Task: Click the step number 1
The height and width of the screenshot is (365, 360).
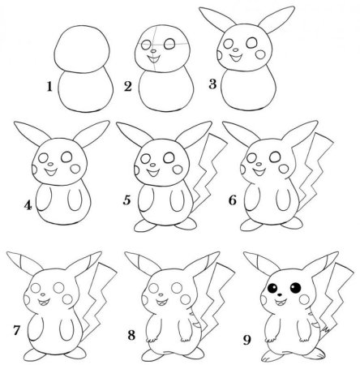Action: pos(49,87)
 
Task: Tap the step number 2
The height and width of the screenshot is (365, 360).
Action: pos(127,87)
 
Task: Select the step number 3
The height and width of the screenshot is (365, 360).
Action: pos(212,84)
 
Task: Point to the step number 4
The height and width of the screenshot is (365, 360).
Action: pos(28,205)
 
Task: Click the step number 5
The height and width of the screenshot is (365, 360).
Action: pos(126,200)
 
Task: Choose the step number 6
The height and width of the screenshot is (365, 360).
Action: pos(233,200)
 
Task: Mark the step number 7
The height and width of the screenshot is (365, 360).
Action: pos(17,330)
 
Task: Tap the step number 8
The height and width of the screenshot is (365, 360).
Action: pos(131,336)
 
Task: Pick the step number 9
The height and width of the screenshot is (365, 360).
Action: pos(246,341)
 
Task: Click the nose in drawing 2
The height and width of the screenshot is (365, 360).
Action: pos(153,50)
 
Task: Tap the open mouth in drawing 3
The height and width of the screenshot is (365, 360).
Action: pos(236,58)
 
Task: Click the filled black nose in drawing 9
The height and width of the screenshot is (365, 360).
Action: pos(280,294)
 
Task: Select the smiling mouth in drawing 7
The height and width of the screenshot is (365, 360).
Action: pos(45,302)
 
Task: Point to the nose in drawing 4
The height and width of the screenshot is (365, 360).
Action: pos(50,164)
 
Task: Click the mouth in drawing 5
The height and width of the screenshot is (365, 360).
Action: pos(153,172)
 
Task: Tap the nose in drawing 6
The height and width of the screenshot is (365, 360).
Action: pos(259,164)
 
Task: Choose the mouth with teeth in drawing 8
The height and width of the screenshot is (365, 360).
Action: pos(161,303)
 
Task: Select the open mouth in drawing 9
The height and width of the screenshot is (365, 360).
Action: pos(281,303)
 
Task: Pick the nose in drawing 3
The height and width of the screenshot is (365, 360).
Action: pos(236,50)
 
